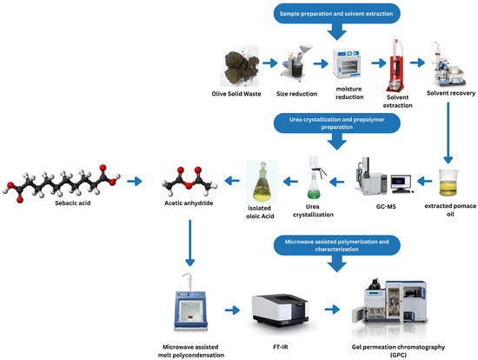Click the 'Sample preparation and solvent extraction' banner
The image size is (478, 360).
(338, 13)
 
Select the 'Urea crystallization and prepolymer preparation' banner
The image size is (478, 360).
(337, 123)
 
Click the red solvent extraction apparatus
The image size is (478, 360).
(398, 60)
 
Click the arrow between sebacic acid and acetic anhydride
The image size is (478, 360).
(134, 182)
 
